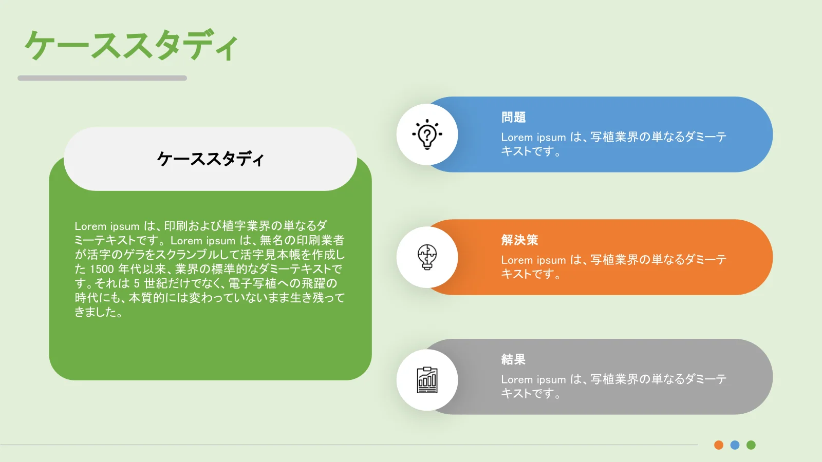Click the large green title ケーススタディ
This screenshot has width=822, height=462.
coord(132,46)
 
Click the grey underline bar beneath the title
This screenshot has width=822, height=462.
coord(102,78)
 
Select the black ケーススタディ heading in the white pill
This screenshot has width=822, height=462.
coord(210,159)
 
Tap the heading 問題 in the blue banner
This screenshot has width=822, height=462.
coord(513,118)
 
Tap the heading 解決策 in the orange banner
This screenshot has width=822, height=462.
coord(519,240)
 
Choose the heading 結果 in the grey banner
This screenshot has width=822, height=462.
coord(513,359)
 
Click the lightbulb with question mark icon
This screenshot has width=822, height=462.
coord(427,134)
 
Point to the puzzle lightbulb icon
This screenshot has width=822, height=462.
coord(427,257)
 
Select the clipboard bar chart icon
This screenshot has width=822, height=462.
coord(427,380)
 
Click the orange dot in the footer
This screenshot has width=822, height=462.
coord(719,445)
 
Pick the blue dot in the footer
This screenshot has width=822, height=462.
coord(735,445)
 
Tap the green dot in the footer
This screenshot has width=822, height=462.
coord(751,445)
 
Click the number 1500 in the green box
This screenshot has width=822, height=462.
coord(102,269)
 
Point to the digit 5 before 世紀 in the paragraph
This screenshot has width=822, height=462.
coord(137,283)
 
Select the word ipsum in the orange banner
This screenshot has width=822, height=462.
coord(551,260)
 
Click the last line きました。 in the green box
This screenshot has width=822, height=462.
coord(98,312)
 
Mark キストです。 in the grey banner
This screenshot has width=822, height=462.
coord(531,393)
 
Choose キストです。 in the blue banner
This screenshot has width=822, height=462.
coord(531,151)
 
